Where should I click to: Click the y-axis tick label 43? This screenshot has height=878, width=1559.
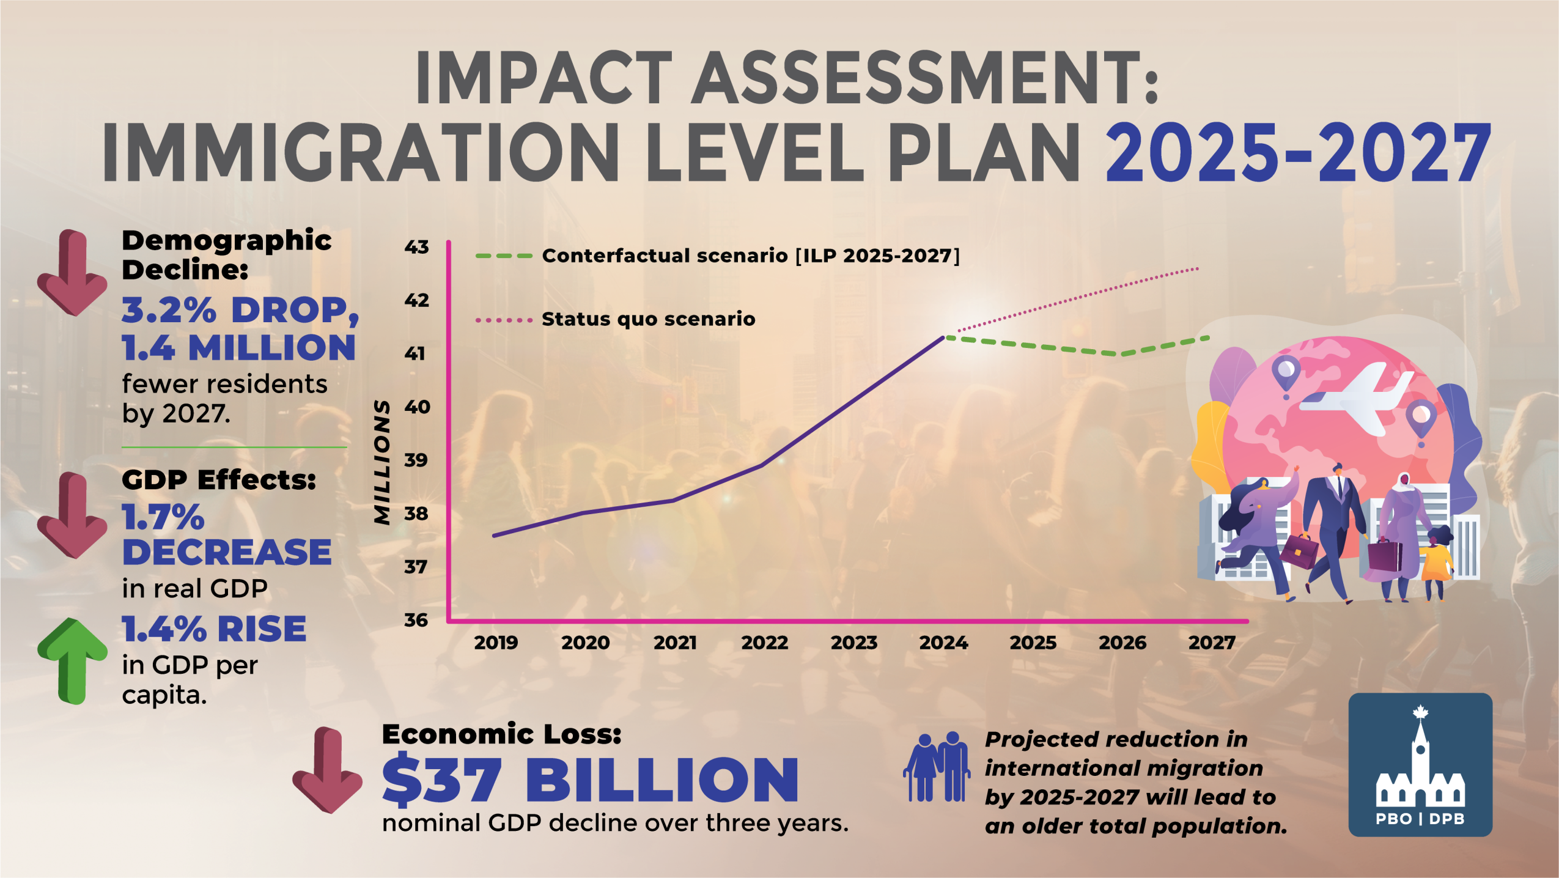coord(416,247)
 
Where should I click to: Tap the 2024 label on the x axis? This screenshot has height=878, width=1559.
coord(943,643)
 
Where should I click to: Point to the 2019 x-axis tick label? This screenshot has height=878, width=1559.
coord(496,643)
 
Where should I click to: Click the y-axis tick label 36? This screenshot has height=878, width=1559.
coord(416,620)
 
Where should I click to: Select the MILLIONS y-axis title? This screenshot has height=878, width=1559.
coord(383,462)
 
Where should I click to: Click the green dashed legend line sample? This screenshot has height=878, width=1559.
coord(504,256)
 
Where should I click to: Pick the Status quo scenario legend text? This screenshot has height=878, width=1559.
coord(648,319)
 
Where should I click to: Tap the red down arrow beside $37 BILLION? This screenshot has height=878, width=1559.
coord(327,770)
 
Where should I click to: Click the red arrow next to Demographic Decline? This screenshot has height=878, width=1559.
coord(72,273)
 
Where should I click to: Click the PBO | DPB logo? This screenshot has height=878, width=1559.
coord(1420,764)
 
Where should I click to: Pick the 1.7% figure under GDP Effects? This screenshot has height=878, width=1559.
coord(163,518)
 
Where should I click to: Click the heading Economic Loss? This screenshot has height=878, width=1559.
coord(501,734)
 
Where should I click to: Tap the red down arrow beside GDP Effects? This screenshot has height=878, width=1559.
coord(72,515)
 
